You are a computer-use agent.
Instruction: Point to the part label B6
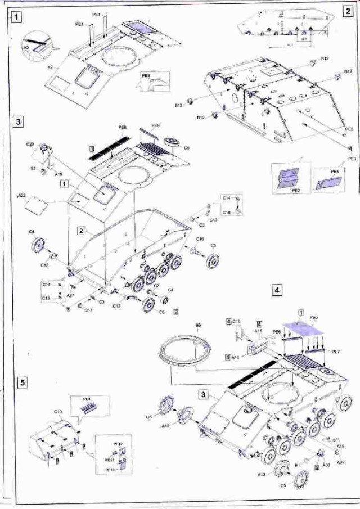[x=198, y=325]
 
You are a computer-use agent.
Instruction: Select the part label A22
[x=22, y=195]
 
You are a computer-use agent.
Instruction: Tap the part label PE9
[x=156, y=125]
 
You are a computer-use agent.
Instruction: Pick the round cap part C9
[x=170, y=140]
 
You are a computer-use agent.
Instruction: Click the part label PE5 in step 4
[x=314, y=317]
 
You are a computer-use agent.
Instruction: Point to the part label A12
[x=166, y=426]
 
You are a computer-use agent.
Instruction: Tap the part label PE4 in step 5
[x=87, y=399]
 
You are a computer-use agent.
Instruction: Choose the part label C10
[x=58, y=412]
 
